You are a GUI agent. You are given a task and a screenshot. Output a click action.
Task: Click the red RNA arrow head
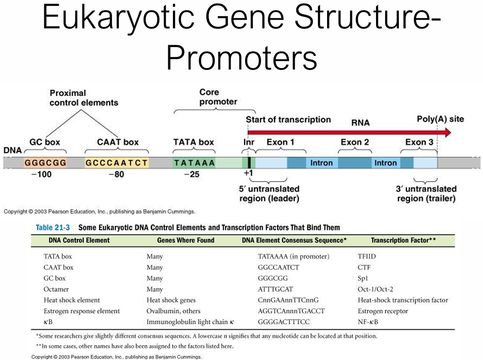tap(447, 133)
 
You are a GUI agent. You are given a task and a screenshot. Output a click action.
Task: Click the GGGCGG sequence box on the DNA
tap(46, 162)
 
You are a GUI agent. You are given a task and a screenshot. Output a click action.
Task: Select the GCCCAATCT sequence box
tap(117, 162)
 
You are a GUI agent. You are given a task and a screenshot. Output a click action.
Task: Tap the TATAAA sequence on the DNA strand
tap(194, 162)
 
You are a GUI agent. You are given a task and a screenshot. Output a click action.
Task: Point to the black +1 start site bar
tap(249, 162)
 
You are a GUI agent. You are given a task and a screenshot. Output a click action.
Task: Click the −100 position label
tap(42, 174)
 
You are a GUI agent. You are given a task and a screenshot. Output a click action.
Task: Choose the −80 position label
tap(117, 174)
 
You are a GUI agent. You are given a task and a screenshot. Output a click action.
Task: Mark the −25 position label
tap(192, 174)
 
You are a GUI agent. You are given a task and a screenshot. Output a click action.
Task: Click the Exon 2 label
tap(355, 142)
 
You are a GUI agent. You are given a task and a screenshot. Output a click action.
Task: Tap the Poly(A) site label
tap(440, 119)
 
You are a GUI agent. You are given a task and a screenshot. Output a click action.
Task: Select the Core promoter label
tap(218, 97)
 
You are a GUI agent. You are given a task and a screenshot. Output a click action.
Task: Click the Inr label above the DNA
tap(248, 142)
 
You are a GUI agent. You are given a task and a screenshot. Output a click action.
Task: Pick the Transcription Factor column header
tap(403, 240)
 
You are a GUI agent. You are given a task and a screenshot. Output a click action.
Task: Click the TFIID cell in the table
tap(366, 256)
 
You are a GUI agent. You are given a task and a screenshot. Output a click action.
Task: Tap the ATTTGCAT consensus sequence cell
tap(275, 289)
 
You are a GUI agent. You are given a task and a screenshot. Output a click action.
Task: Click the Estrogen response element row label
tap(81, 311)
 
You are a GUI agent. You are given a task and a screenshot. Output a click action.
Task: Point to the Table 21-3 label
tap(53, 228)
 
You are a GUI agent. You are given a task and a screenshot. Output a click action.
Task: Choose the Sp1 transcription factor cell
tap(363, 279)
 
